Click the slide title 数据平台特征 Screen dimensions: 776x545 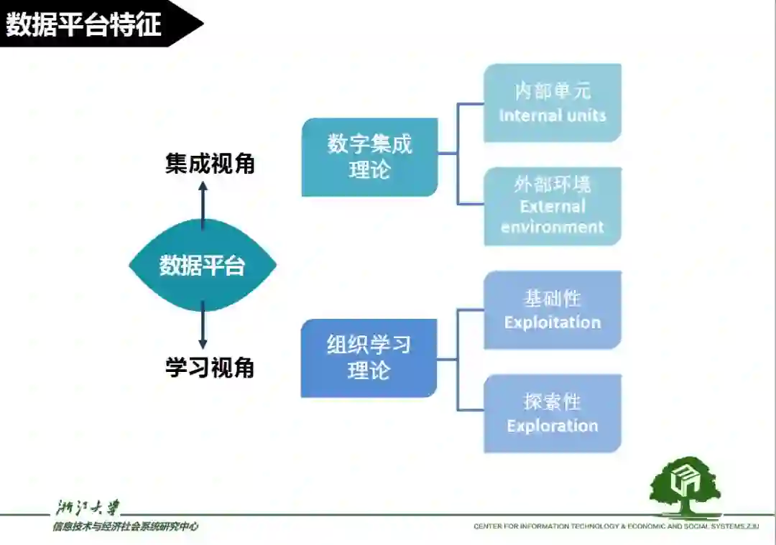coord(84,24)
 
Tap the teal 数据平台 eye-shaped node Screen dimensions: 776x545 coord(203,266)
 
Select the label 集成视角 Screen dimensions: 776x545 coord(210,164)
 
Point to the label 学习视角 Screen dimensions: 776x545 coord(210,368)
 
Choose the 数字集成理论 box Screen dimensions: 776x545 coord(369,157)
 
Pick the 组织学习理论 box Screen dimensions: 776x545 coord(369,358)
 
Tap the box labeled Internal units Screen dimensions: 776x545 coord(552,103)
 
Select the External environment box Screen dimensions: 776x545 coord(552,206)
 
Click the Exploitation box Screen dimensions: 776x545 coord(552,310)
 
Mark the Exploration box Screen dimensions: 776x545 coord(552,413)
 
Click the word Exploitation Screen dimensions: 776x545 coord(552,322)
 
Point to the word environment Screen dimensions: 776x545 coord(552,227)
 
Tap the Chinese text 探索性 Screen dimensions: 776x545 coord(552,401)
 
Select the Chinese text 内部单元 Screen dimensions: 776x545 coord(552,91)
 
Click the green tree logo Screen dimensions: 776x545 coord(684,486)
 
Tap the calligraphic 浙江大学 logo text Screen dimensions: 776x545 coord(88,508)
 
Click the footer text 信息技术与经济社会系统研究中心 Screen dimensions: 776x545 coord(124,526)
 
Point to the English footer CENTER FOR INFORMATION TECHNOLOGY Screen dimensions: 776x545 coord(546,526)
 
